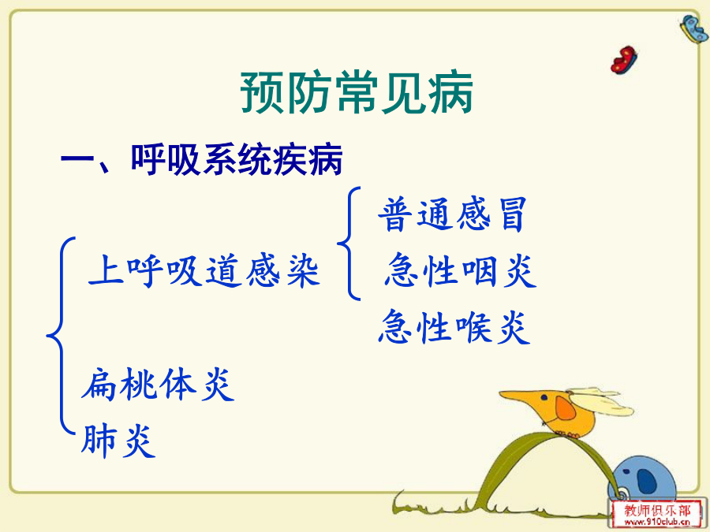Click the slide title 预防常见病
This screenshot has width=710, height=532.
point(357,92)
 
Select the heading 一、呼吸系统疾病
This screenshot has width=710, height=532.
point(202,160)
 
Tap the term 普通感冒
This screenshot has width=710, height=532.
point(453,214)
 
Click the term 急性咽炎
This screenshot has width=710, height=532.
point(461,270)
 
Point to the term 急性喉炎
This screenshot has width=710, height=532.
point(454,326)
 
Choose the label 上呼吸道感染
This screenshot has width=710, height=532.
point(204,271)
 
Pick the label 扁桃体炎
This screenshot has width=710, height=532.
point(158,384)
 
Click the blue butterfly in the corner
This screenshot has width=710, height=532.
point(694,28)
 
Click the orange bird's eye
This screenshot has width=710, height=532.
point(544,398)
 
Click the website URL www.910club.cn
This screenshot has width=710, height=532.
point(657,522)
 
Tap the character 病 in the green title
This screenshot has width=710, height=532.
point(450,92)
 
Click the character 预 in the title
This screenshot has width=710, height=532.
point(262,93)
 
